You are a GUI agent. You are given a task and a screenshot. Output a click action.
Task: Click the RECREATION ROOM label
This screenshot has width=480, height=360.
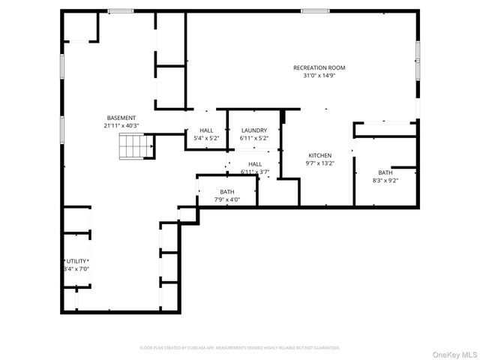pyautogui.click(x=319, y=67)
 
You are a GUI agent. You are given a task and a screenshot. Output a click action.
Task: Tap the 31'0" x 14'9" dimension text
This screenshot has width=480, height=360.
pyautogui.click(x=319, y=75)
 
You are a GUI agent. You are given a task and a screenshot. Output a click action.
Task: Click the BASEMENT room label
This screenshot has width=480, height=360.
pyautogui.click(x=121, y=118)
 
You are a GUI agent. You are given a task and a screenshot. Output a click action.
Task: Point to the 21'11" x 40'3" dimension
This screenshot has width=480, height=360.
pyautogui.click(x=121, y=125)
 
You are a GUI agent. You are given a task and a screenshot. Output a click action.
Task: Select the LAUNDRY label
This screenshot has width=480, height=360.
pyautogui.click(x=253, y=130)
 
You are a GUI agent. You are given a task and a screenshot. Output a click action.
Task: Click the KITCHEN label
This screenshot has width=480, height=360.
pyautogui.click(x=319, y=156)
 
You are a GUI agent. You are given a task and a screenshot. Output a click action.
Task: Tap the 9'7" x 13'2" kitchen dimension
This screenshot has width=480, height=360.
pyautogui.click(x=319, y=163)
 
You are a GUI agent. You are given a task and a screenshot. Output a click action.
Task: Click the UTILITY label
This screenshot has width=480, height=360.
pyautogui.click(x=76, y=261)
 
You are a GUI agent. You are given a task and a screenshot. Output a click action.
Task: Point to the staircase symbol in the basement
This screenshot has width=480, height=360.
pyautogui.click(x=132, y=148)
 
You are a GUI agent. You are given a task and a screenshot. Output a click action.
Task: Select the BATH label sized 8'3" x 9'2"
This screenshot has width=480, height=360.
pyautogui.click(x=385, y=172)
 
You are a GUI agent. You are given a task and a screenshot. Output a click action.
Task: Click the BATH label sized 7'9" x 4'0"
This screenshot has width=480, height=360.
pyautogui.click(x=226, y=192)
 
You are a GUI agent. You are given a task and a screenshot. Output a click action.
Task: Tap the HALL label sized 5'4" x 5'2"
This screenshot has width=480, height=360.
pyautogui.click(x=206, y=130)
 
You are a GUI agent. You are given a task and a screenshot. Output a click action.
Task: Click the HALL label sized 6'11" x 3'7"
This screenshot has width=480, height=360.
pyautogui.click(x=255, y=164)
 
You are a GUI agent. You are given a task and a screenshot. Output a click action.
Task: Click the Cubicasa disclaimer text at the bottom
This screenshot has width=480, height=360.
pyautogui.click(x=240, y=348)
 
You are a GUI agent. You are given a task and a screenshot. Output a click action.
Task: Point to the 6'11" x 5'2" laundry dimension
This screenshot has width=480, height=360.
pyautogui.click(x=253, y=138)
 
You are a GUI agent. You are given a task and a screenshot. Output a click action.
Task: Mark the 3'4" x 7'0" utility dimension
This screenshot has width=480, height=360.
pyautogui.click(x=76, y=268)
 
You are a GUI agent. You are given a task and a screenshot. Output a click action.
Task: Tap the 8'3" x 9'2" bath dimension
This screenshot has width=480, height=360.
pyautogui.click(x=385, y=180)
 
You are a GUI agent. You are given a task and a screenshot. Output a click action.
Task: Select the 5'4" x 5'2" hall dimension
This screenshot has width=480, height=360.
pyautogui.click(x=206, y=138)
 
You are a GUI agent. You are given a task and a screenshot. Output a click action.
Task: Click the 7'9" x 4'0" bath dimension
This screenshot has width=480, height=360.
pyautogui.click(x=226, y=199)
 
